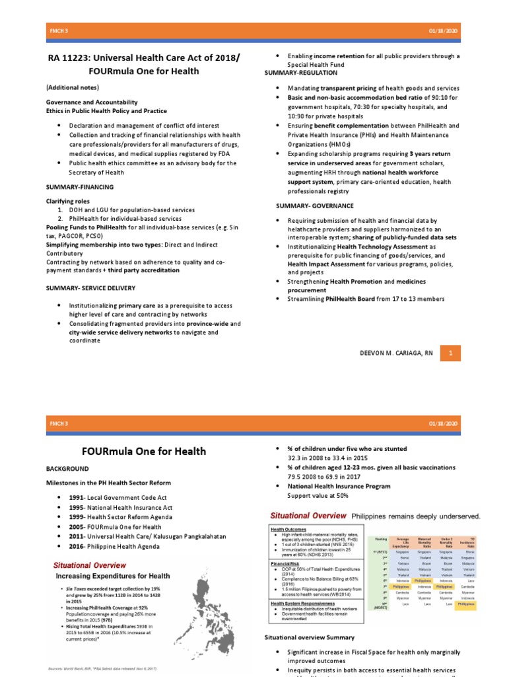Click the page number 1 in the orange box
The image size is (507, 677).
pos(450,354)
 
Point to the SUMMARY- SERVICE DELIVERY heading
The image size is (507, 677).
pos(90,288)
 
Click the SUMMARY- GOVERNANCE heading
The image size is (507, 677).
pos(315,206)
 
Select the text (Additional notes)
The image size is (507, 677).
pos(73,87)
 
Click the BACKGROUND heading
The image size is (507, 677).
pos(67,467)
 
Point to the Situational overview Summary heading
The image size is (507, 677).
pos(309,637)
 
